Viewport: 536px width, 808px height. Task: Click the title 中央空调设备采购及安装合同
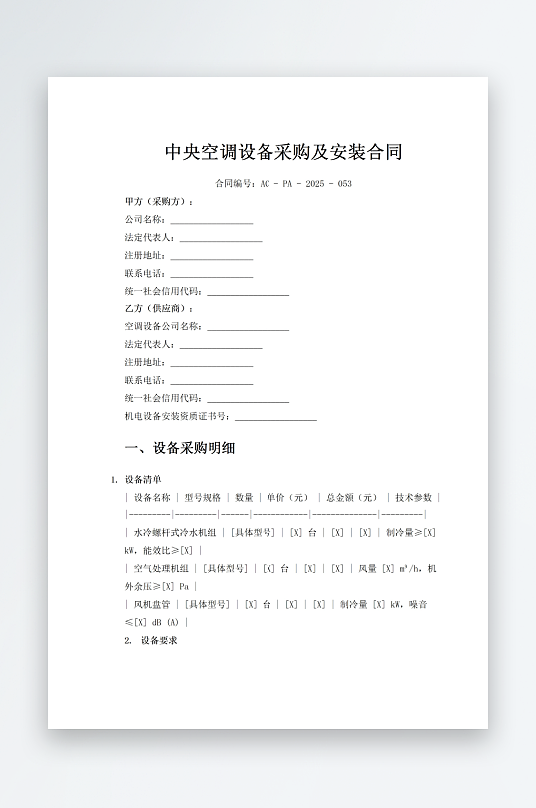pyautogui.click(x=283, y=153)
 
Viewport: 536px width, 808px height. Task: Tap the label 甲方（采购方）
pyautogui.click(x=159, y=201)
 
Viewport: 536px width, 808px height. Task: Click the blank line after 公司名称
pyautogui.click(x=211, y=220)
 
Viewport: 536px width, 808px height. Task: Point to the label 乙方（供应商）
pyautogui.click(x=159, y=309)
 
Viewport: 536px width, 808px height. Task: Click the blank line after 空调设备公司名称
pyautogui.click(x=248, y=327)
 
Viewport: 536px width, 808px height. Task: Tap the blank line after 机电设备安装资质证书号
pyautogui.click(x=275, y=418)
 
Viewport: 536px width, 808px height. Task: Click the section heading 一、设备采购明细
pyautogui.click(x=180, y=448)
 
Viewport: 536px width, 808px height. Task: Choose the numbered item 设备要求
pyautogui.click(x=158, y=641)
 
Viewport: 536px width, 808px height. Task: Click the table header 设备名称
pyautogui.click(x=152, y=497)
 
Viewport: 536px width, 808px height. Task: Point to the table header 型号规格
pyautogui.click(x=202, y=497)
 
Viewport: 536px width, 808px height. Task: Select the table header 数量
pyautogui.click(x=244, y=497)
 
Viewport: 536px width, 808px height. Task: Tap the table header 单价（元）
pyautogui.click(x=287, y=497)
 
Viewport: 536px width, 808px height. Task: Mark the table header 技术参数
pyautogui.click(x=413, y=497)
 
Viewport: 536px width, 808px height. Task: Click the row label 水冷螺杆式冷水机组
pyautogui.click(x=174, y=533)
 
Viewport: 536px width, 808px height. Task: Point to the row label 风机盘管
pyautogui.click(x=152, y=604)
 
